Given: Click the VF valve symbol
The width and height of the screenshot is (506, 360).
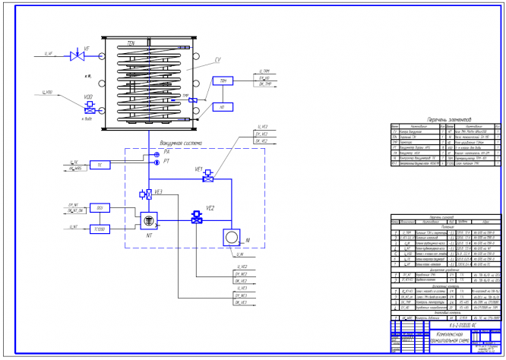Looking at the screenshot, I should click(75, 55).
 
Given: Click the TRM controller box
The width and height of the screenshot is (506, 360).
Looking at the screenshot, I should click(223, 81).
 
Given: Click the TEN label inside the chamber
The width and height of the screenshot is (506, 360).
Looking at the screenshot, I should click(131, 45).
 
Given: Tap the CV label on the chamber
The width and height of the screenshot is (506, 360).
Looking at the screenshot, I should click(218, 59).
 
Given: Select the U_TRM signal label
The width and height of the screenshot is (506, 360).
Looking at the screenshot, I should click(266, 70).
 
